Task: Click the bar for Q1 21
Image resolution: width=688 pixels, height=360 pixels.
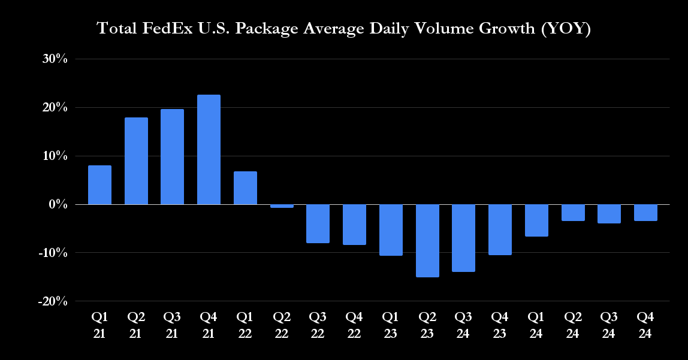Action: click(x=99, y=185)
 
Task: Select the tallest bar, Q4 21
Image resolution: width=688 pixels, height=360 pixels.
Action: click(x=209, y=150)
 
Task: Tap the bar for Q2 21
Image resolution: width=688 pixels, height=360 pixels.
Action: click(x=136, y=161)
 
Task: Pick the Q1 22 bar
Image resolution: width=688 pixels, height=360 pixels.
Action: click(x=245, y=188)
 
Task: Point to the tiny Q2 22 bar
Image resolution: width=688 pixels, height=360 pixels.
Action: click(x=282, y=206)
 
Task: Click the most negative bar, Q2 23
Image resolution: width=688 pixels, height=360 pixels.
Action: click(x=427, y=241)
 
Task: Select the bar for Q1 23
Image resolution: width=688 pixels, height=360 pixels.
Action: click(x=391, y=230)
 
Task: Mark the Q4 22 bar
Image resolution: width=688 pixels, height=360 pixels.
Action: click(x=354, y=225)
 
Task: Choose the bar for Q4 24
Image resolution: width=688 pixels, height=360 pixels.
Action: click(x=645, y=213)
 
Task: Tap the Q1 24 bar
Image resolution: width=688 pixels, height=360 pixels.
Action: click(x=536, y=220)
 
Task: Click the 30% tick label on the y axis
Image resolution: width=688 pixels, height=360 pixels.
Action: click(x=55, y=59)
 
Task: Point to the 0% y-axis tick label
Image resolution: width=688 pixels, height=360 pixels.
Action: click(x=58, y=204)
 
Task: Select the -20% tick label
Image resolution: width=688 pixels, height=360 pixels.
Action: click(x=52, y=301)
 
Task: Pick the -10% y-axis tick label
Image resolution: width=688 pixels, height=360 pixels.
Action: click(x=52, y=253)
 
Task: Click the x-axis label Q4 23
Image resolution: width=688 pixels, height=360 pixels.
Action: click(x=500, y=324)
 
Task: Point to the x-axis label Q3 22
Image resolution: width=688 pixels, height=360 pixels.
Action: click(x=318, y=324)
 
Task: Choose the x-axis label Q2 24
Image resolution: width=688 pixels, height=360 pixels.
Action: click(x=572, y=324)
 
